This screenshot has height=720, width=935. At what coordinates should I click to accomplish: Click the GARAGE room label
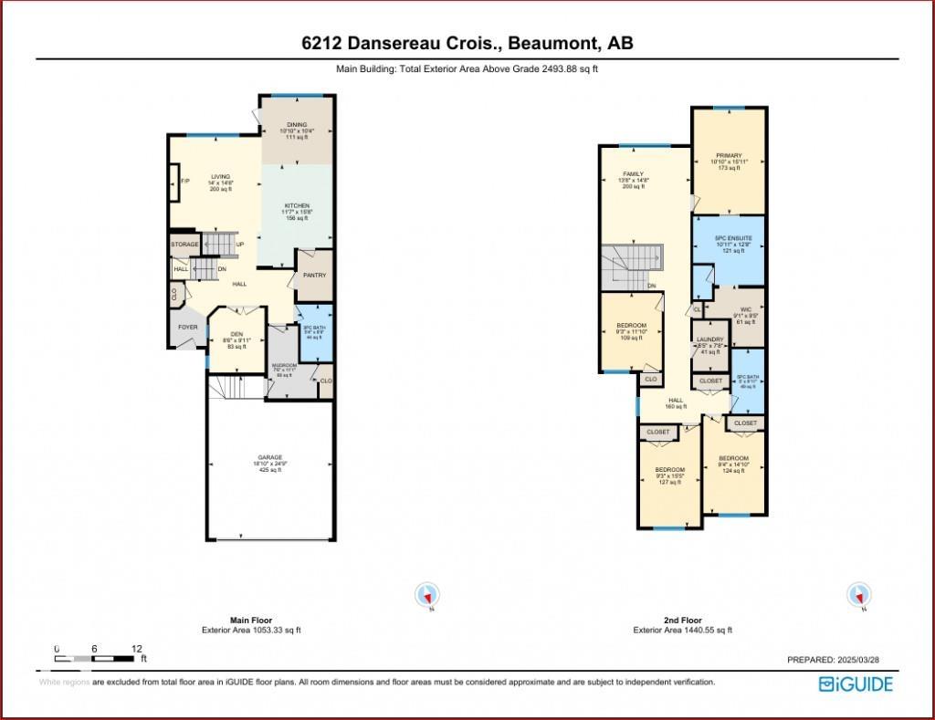(x=269, y=457)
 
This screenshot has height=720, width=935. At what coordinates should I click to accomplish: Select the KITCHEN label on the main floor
(x=297, y=206)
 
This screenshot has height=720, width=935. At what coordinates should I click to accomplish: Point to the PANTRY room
(x=314, y=276)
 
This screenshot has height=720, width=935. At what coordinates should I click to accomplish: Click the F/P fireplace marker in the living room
(x=184, y=181)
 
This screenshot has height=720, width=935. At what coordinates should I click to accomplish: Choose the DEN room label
(x=237, y=334)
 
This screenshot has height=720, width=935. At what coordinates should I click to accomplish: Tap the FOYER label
(x=187, y=327)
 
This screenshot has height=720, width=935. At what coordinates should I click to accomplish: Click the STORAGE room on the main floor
(x=184, y=245)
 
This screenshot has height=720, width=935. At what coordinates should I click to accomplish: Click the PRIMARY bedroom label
(x=729, y=156)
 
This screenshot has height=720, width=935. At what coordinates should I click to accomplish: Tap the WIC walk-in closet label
(x=745, y=309)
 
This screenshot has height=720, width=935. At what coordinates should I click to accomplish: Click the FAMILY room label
(x=633, y=174)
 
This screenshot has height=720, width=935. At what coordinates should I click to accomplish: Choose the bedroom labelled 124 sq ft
(x=733, y=458)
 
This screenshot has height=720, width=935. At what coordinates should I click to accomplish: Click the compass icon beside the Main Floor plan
(x=426, y=595)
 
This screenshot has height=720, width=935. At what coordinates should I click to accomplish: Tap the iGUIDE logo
(x=856, y=683)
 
